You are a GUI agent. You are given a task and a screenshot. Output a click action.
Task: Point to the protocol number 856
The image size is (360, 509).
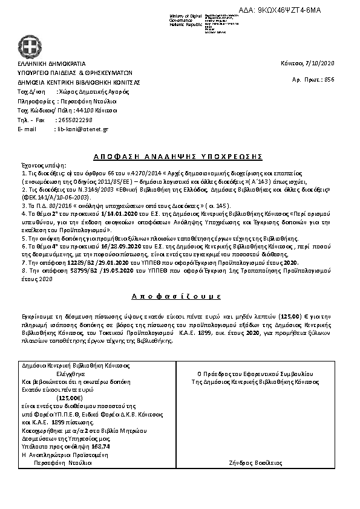point(329,79)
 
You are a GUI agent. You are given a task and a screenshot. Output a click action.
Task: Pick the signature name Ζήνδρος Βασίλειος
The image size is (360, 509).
point(265,462)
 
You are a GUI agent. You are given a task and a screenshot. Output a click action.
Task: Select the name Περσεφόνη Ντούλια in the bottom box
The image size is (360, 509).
point(63,461)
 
